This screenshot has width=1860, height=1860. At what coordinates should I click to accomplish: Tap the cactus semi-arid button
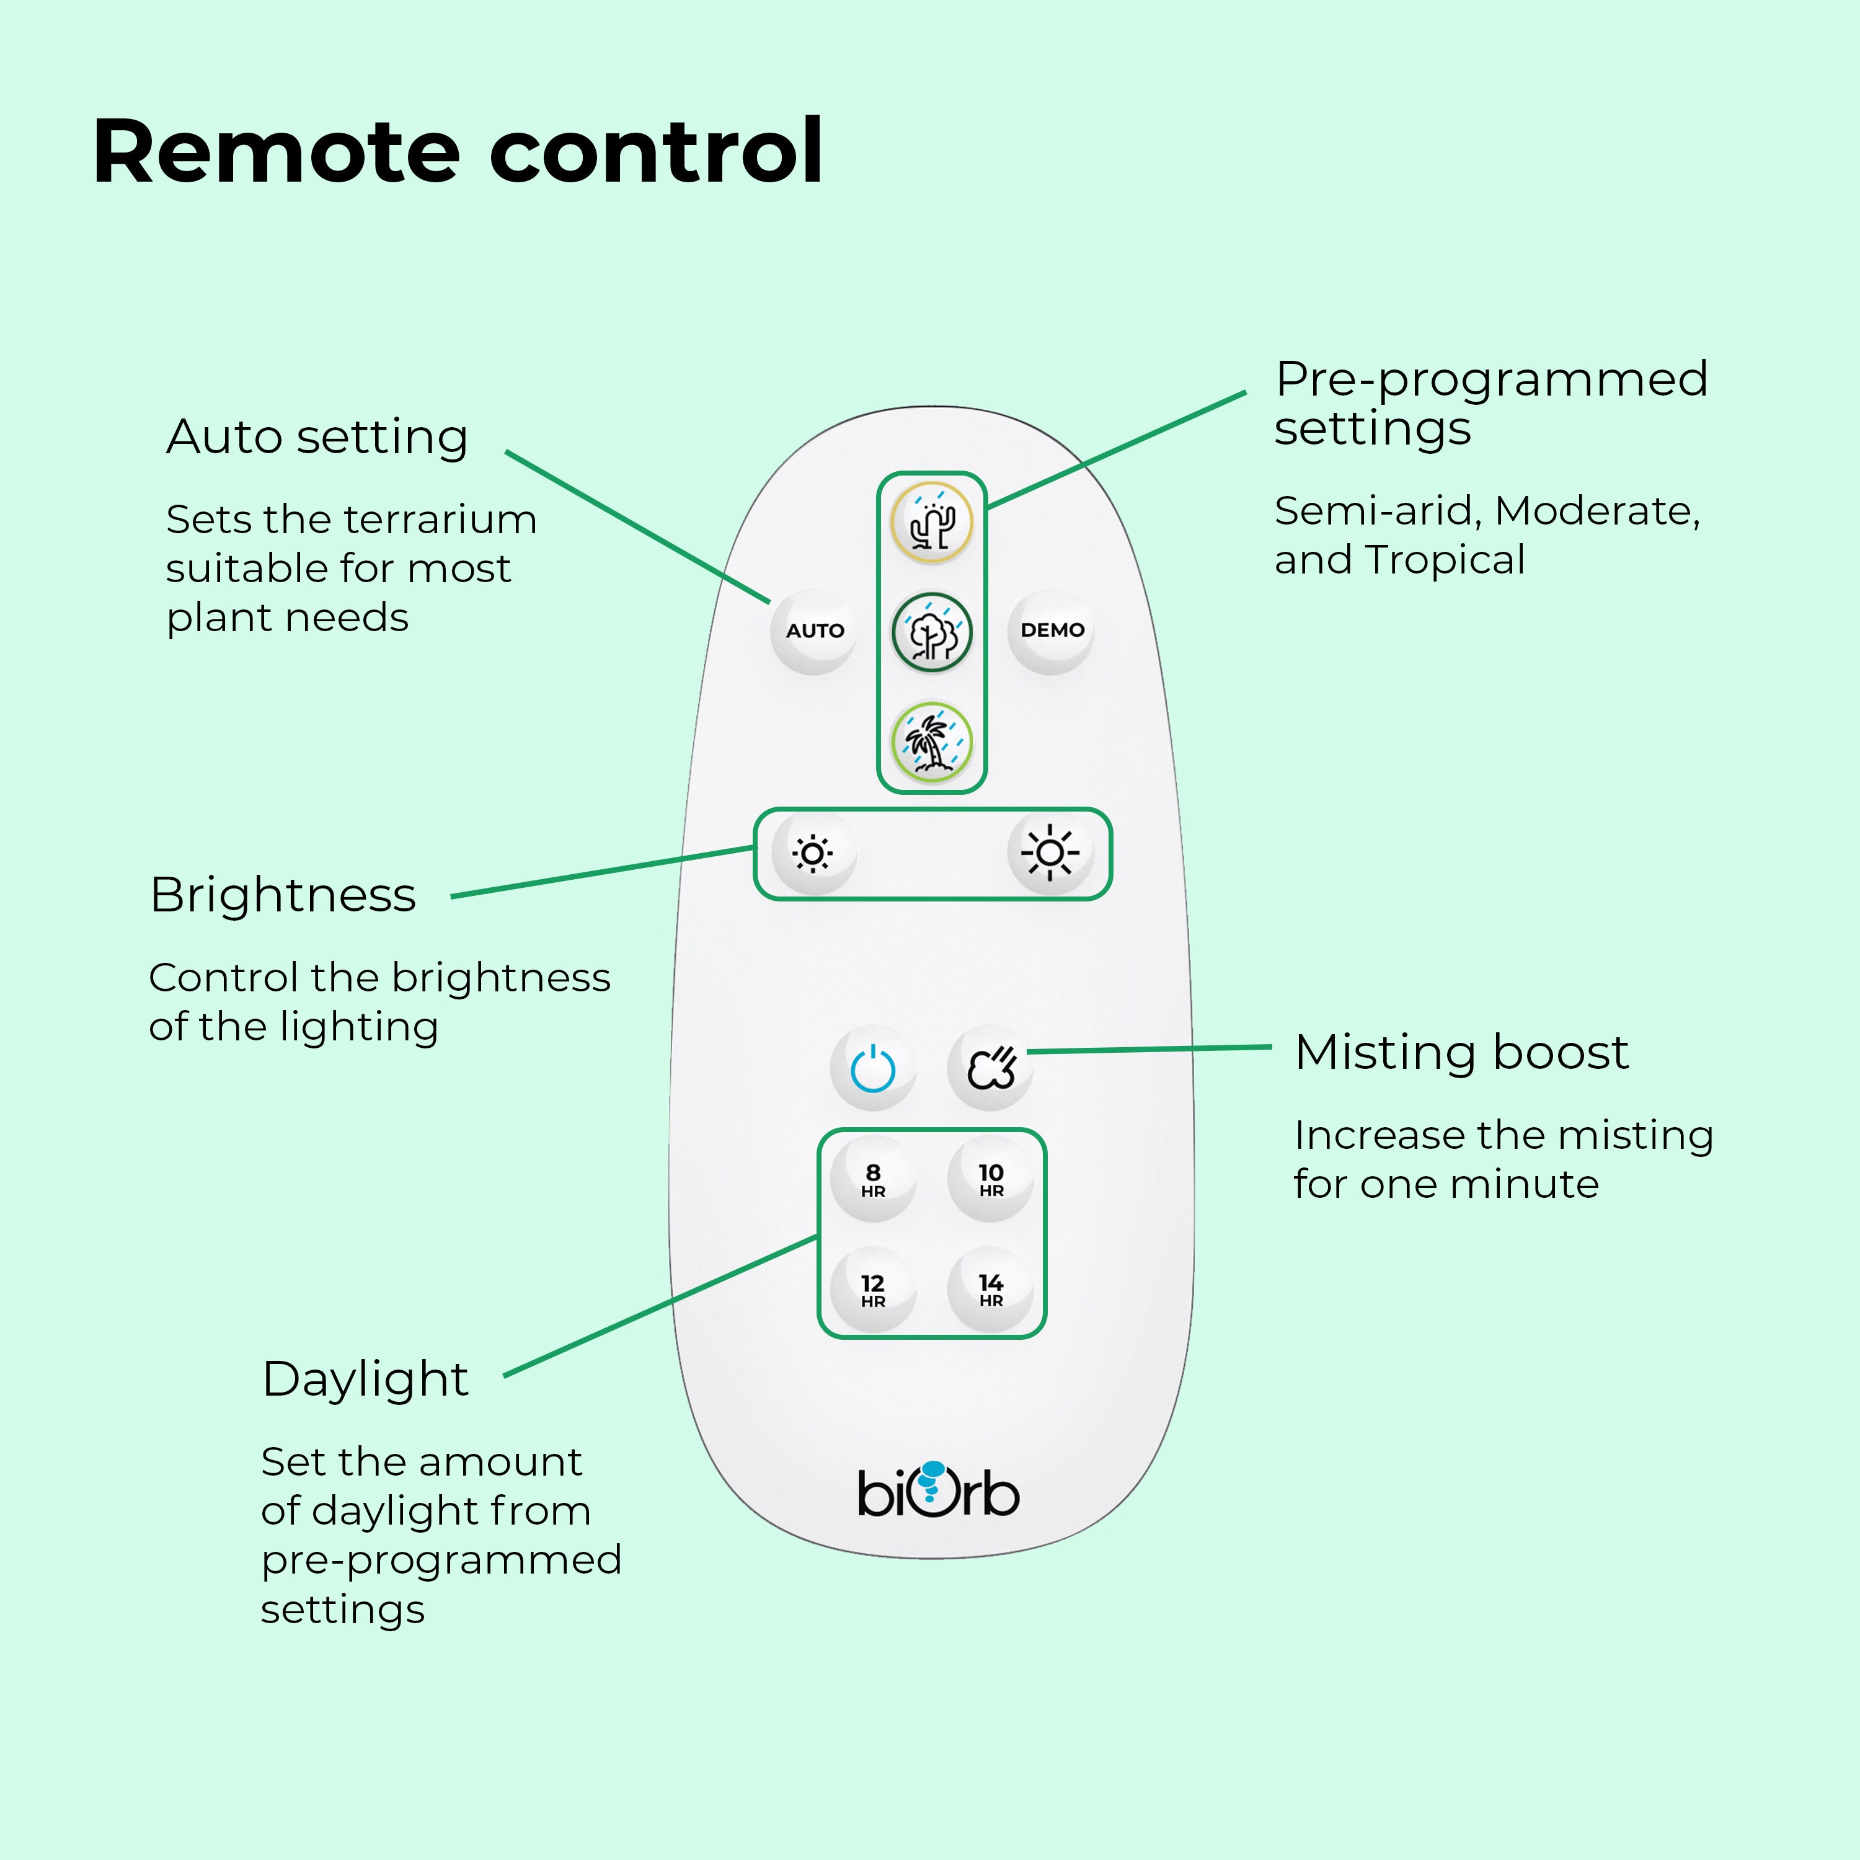931,523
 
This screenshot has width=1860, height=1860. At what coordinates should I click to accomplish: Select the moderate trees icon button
931,632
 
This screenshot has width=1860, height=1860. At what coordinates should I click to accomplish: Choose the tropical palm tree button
931,742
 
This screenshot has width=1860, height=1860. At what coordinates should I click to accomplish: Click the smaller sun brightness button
813,853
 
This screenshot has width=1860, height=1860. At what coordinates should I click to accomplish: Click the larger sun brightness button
1050,853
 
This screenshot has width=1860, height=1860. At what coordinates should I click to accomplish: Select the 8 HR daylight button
873,1179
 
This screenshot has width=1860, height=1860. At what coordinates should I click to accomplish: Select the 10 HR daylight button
991,1179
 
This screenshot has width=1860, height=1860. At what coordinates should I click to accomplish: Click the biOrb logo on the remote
937,1491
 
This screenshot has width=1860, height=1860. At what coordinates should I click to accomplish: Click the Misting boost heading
1461,1052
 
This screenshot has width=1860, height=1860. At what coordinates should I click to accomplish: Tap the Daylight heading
365,1379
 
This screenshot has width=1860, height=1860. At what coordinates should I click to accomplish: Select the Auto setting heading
317,437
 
